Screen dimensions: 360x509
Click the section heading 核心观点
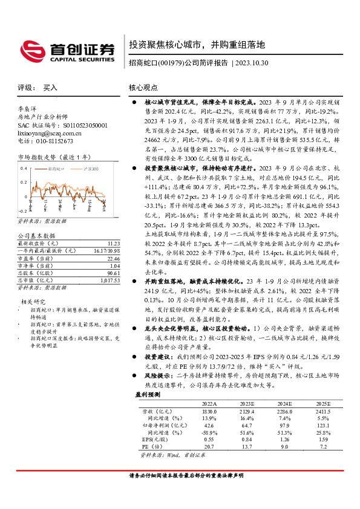tap(143, 88)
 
